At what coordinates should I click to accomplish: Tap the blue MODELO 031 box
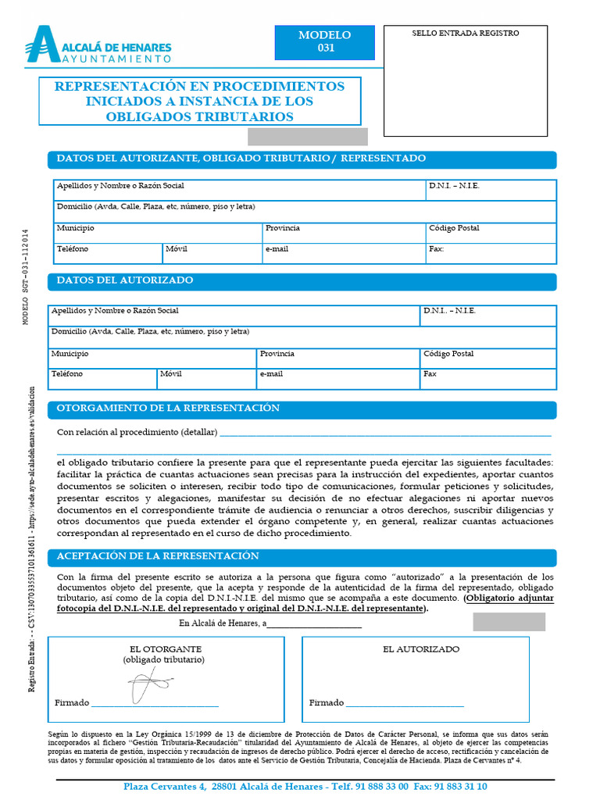point(325,41)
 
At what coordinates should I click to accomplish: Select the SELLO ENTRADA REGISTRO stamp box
point(465,81)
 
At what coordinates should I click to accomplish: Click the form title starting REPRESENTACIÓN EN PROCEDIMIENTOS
point(200,101)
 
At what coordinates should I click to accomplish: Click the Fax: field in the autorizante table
point(491,253)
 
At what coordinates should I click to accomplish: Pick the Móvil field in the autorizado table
point(206,379)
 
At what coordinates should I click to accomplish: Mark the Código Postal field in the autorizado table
point(487,359)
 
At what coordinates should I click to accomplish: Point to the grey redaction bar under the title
point(307,137)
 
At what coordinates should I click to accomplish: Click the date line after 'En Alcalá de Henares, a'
point(314,625)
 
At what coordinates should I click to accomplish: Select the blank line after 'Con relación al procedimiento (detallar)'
point(385,434)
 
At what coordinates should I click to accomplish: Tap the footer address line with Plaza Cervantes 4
point(305,787)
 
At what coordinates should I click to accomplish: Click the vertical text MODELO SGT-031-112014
point(25,277)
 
